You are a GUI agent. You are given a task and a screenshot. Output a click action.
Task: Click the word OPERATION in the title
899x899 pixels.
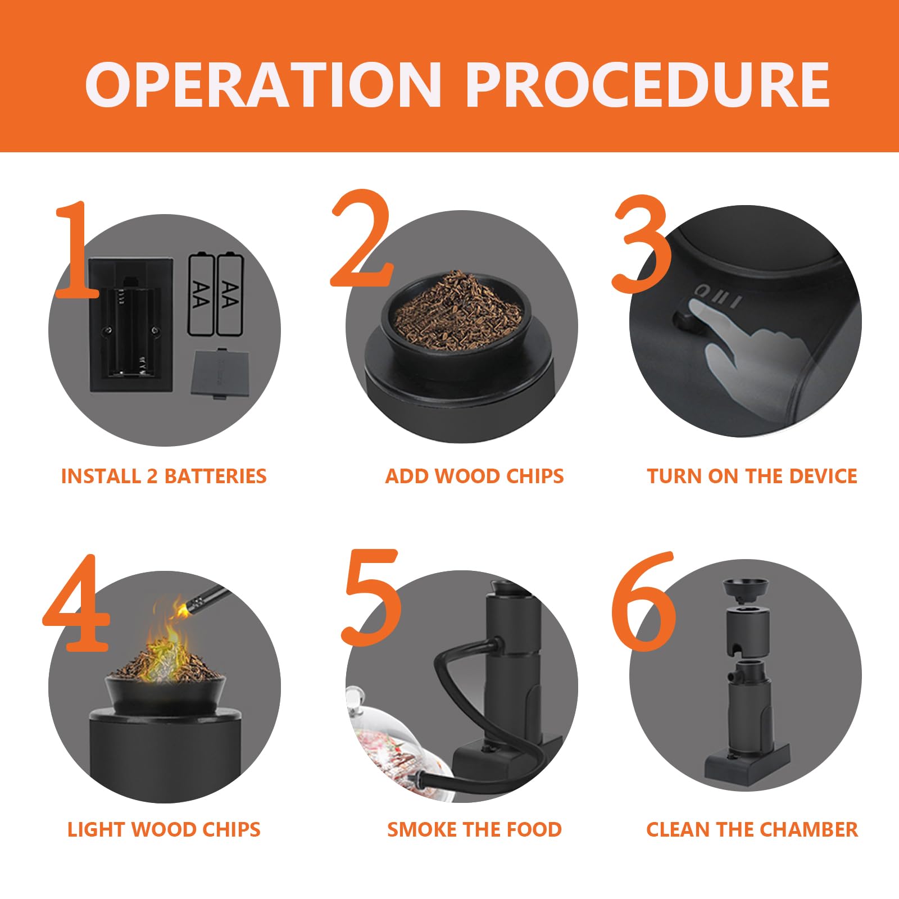tap(264, 84)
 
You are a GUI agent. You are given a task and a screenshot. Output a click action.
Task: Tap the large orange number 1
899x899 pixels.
tap(77, 249)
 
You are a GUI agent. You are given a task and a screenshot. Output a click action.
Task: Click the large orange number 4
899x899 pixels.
tap(76, 603)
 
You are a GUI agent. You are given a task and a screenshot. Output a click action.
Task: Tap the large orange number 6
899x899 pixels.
tap(644, 601)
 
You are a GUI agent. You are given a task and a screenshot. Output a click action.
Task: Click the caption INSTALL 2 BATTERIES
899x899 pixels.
tap(164, 476)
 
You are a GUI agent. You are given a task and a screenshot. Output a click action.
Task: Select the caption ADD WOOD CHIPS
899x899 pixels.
tap(474, 476)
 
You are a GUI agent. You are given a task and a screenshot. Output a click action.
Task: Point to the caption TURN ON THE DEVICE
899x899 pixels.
tap(752, 476)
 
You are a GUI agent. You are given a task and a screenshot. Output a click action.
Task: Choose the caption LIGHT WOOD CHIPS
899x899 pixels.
tap(164, 829)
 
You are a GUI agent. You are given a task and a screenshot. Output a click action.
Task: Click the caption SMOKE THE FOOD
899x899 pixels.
tap(474, 829)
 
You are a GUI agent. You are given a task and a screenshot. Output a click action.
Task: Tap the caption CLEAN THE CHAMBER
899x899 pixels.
tap(752, 829)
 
